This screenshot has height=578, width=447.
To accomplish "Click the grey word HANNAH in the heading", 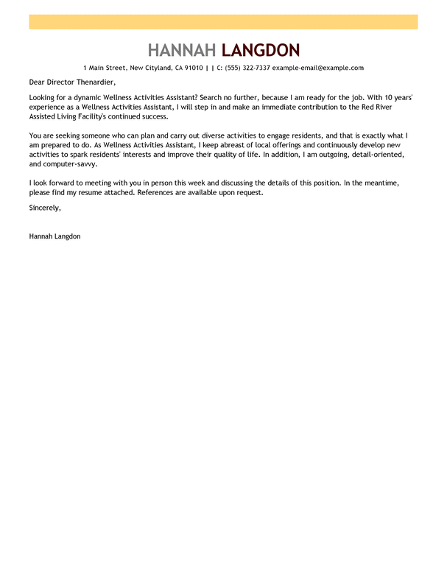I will pos(181,50).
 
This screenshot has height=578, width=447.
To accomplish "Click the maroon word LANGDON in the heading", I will pos(261,50).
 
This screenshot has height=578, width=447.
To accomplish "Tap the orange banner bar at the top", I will pos(223,22).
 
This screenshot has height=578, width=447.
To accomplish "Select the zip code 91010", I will pos(193,68).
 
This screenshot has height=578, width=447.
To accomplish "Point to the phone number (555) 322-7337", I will pos(247,68).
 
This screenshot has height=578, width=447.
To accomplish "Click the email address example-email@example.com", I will pos(318,68).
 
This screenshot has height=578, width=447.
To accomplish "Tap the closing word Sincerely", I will pos(45,208).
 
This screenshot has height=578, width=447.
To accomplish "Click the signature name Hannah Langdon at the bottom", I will pos(55,236).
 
